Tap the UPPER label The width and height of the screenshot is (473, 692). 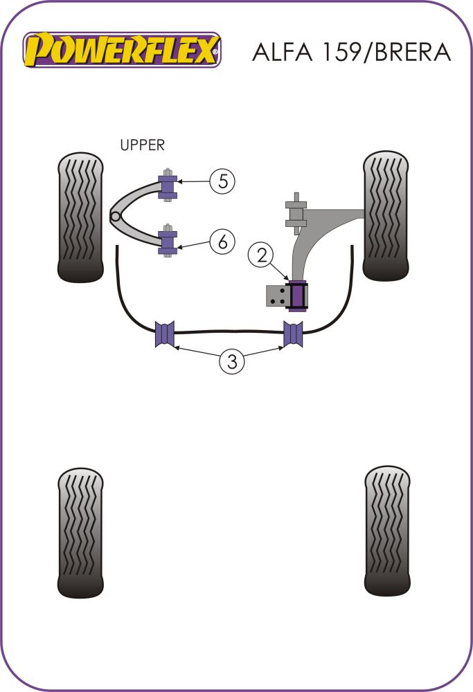142,145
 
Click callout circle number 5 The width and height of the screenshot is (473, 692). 222,181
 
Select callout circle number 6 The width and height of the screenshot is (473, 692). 222,242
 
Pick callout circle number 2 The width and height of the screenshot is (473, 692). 262,255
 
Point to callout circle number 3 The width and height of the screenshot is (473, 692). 232,361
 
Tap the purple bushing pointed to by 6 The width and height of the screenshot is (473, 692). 168,242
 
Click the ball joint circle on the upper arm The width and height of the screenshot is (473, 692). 116,217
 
